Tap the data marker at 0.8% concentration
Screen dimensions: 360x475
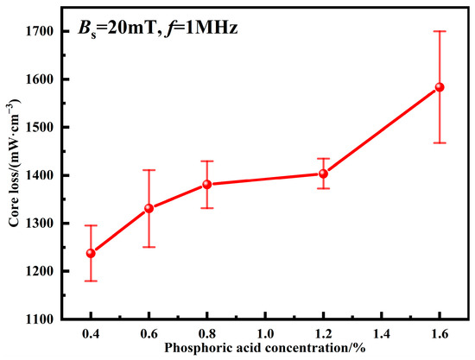click(207, 184)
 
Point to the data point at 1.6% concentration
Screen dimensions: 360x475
click(440, 87)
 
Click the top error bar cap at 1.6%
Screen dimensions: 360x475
click(440, 31)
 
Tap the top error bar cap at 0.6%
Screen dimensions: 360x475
click(149, 170)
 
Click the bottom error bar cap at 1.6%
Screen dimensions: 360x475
click(440, 142)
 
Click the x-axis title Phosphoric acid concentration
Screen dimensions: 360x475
click(265, 349)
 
